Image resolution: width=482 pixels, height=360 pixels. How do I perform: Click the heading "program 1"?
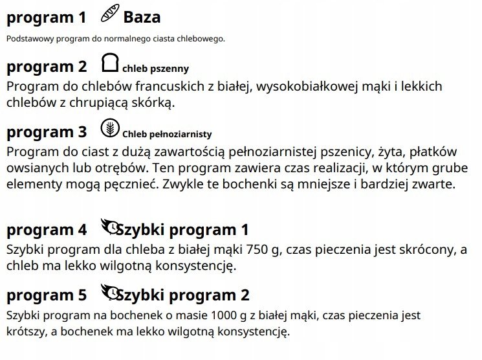click(46, 17)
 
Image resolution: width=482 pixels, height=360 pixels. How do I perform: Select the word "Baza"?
click(142, 17)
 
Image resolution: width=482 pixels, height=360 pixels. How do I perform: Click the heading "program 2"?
click(46, 67)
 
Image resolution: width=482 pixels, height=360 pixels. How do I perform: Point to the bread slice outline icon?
click(111, 63)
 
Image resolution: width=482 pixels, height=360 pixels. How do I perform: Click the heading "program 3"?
click(46, 132)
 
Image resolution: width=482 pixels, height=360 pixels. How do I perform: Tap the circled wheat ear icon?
click(111, 128)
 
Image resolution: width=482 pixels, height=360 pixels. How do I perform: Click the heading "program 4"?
click(46, 230)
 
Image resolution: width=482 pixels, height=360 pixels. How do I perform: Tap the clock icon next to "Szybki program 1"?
click(111, 227)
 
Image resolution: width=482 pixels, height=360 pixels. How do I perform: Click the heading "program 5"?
click(46, 295)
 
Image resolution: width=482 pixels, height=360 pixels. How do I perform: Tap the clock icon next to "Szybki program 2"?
click(111, 292)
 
